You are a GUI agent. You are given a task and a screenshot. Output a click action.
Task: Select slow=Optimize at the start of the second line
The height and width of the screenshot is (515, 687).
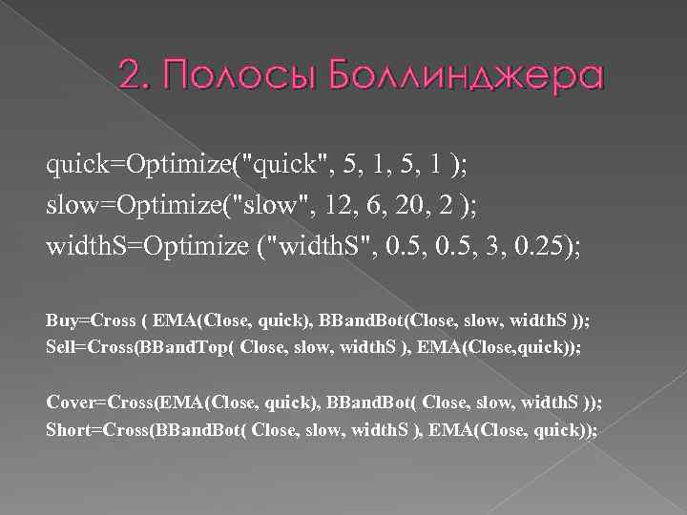pos(135,203)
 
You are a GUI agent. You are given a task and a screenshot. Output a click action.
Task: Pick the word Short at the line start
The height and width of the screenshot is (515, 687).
pos(67,429)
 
